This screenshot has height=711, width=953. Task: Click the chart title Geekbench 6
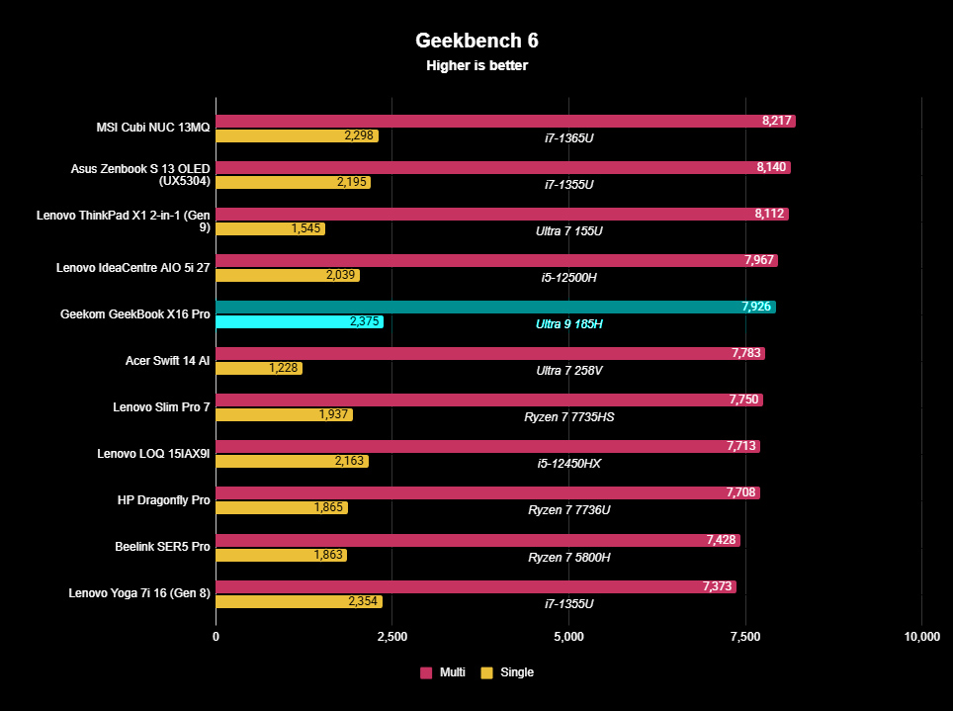(x=476, y=41)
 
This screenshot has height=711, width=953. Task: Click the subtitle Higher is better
(x=476, y=66)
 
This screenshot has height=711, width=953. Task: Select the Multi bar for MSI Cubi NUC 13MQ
(x=505, y=121)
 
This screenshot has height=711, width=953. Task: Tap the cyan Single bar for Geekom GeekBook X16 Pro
(x=299, y=321)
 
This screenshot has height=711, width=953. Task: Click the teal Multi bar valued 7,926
(x=495, y=307)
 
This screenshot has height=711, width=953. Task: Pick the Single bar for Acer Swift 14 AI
(x=259, y=368)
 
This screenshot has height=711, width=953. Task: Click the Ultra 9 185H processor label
(x=568, y=323)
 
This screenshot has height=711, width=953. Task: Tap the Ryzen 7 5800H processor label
(x=568, y=557)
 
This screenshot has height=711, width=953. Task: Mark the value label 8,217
(x=777, y=121)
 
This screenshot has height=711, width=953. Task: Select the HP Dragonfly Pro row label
(x=164, y=500)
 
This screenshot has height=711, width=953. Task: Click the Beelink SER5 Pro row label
(x=162, y=547)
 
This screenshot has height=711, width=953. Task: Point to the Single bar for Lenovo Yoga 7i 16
(x=299, y=601)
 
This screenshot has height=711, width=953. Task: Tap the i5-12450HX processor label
(x=568, y=464)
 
